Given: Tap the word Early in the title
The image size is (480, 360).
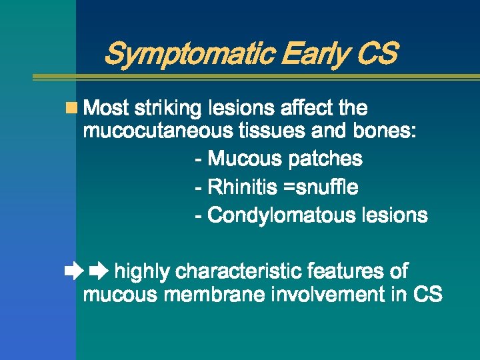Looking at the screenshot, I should point(312,54).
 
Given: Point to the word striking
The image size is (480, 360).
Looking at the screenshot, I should point(170,108).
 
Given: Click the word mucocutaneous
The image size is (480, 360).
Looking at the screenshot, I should point(157,131).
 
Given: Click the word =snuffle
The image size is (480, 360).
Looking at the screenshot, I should point(321,187).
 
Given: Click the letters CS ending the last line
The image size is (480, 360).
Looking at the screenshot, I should point(427,295).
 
